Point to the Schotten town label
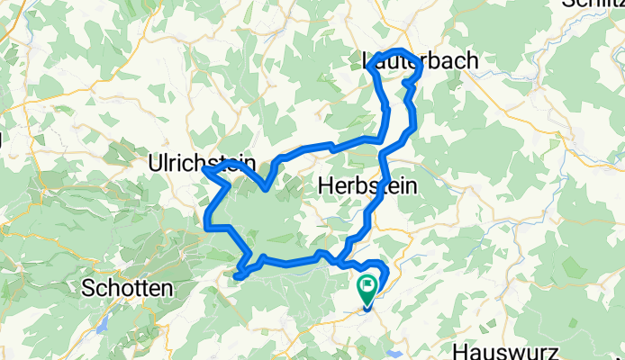tap(127, 289)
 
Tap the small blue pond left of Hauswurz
tap(394, 342)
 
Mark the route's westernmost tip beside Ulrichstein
tap(204, 169)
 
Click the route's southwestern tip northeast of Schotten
tap(237, 276)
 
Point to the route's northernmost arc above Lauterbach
tap(398, 50)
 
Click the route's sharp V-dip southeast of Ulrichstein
tap(265, 189)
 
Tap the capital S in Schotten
tap(88, 289)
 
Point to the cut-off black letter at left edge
tap(3, 139)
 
